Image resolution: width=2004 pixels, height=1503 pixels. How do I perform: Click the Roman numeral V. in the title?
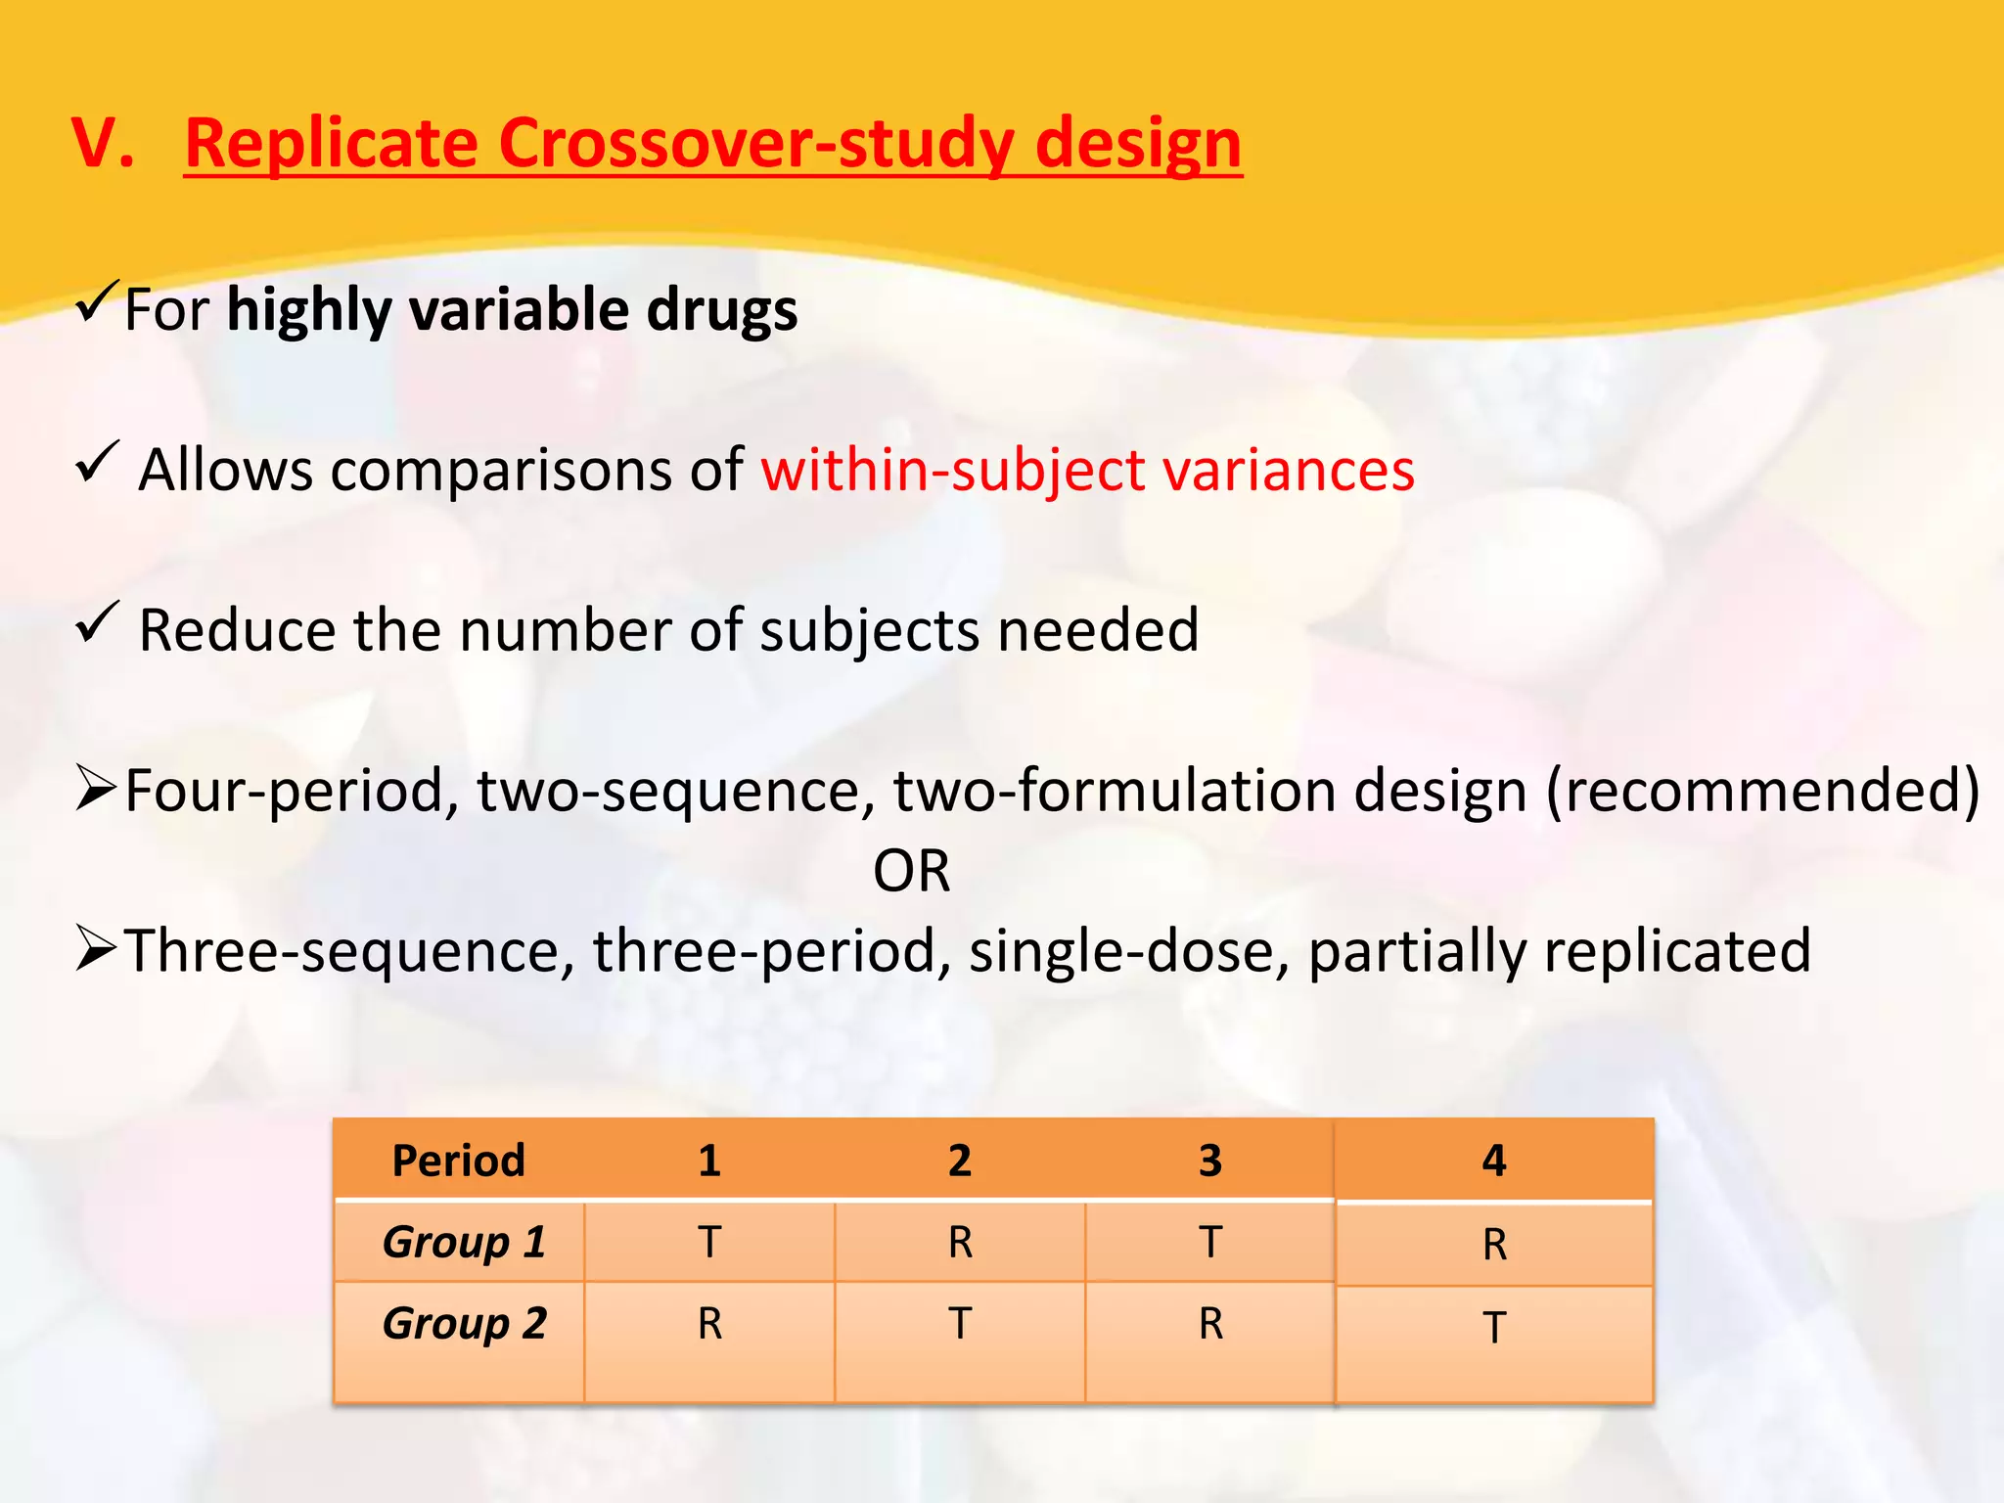point(103,144)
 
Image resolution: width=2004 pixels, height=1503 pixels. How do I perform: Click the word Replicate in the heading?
point(331,144)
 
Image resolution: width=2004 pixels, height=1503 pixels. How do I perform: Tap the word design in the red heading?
point(1138,144)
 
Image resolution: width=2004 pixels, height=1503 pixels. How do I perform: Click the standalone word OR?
point(911,871)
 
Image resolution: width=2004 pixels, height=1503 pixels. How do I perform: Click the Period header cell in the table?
point(458,1161)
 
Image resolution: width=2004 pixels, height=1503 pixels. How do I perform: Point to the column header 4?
point(1493,1161)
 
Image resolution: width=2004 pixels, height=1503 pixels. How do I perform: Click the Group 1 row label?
point(464,1242)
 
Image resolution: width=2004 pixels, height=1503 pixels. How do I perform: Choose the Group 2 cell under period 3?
point(1210,1324)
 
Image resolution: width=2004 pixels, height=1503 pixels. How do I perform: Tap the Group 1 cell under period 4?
point(1493,1245)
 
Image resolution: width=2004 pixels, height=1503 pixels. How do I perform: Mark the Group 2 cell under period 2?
point(960,1324)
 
